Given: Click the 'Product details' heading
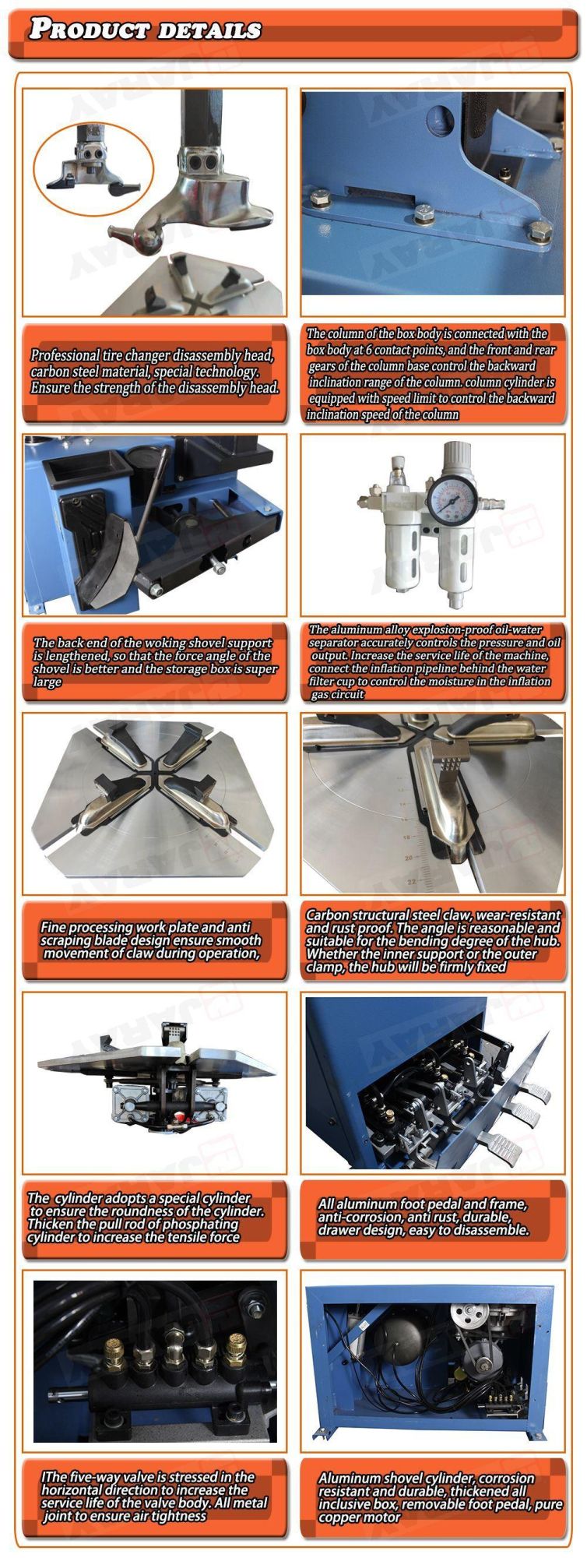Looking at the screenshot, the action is point(145,30).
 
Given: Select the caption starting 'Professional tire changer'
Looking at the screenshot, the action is point(153,372).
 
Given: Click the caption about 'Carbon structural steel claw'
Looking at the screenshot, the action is point(433,941).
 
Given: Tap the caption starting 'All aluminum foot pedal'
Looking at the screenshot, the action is point(423,1218).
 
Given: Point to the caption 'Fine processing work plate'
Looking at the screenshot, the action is point(151,940).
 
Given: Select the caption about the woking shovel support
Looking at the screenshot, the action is point(154,662).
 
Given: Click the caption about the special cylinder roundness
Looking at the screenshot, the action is point(146,1218).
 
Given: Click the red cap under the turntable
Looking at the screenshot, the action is point(179,1119).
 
